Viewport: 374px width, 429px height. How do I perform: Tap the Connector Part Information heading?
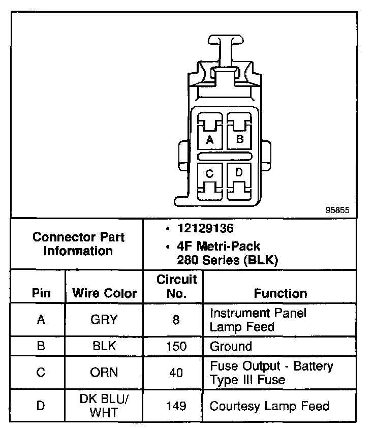click(78, 244)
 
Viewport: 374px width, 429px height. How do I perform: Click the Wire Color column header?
click(105, 293)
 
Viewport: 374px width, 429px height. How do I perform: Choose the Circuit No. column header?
click(176, 286)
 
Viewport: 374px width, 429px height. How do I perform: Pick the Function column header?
click(280, 293)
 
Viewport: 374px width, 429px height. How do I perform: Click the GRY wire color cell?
click(104, 320)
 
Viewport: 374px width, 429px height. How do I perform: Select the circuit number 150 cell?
click(176, 347)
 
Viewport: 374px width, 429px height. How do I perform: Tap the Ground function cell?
click(231, 347)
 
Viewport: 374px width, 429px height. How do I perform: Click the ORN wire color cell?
click(104, 373)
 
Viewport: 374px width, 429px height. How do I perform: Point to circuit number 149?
click(176, 406)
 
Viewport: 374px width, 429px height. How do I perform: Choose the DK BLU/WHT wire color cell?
click(104, 406)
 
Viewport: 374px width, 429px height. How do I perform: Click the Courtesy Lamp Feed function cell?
click(269, 406)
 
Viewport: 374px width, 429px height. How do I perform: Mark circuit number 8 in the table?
click(176, 320)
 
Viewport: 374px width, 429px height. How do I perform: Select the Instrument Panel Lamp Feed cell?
click(258, 320)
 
